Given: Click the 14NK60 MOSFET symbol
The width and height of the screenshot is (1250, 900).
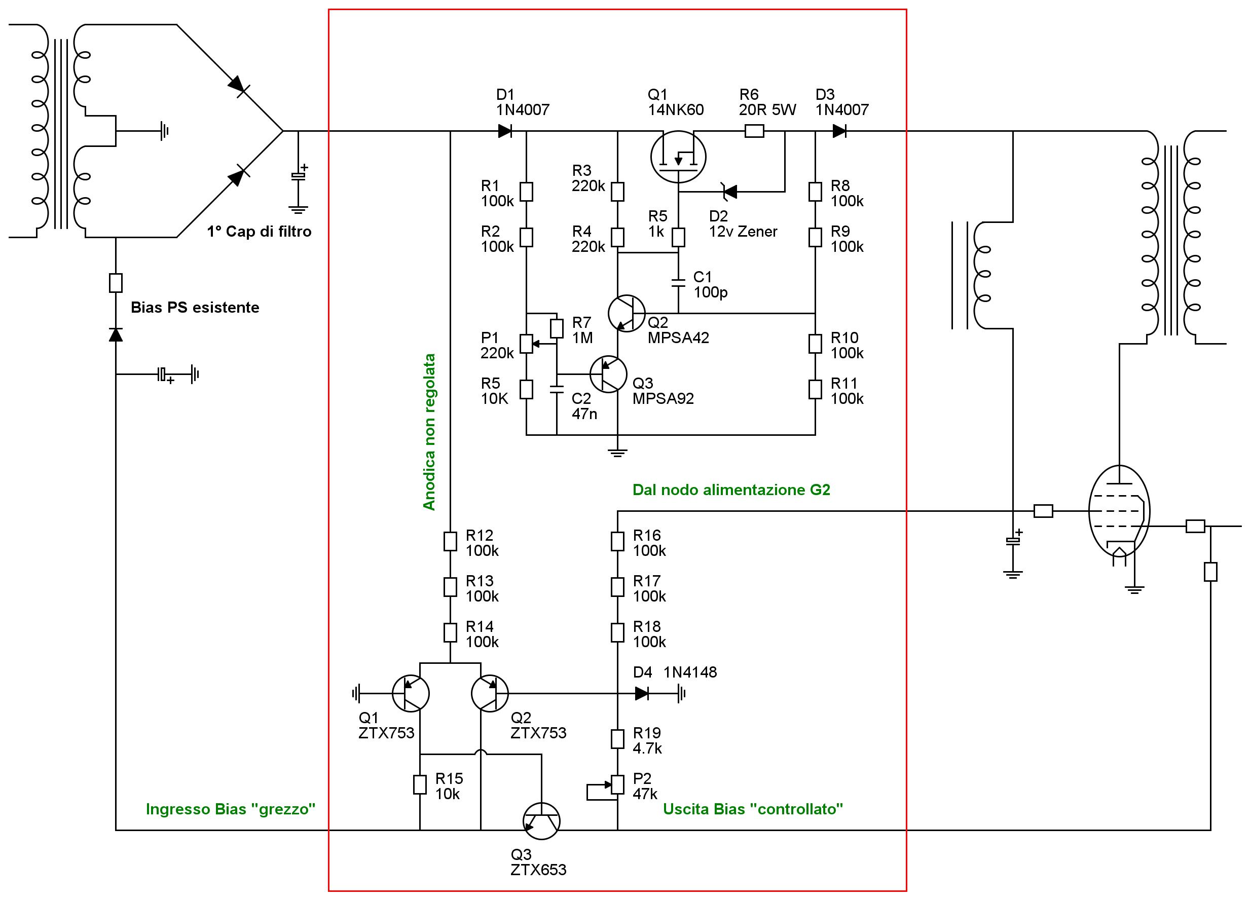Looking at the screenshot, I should (x=678, y=157).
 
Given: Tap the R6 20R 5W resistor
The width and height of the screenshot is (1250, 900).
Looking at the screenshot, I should (x=754, y=131).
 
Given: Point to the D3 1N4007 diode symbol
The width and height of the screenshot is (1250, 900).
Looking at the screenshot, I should (x=839, y=131).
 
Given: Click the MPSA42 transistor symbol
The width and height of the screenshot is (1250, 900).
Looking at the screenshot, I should (x=626, y=313).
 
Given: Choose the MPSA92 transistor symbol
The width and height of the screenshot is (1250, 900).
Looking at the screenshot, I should (x=608, y=374).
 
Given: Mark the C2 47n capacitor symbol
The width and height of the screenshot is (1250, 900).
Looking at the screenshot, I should (x=557, y=389).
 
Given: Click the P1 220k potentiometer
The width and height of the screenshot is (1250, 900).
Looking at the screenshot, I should (x=526, y=344).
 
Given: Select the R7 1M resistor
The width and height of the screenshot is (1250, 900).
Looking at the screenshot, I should (x=557, y=328).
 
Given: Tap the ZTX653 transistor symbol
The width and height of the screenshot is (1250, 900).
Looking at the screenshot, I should (x=541, y=821).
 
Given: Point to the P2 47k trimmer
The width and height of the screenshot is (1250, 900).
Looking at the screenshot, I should (x=617, y=784).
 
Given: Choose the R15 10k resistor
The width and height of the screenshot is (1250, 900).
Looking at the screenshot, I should (x=420, y=784).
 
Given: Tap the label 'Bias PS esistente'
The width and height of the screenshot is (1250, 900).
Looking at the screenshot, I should (x=195, y=308).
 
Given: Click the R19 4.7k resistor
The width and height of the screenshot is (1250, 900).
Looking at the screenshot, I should (x=617, y=738).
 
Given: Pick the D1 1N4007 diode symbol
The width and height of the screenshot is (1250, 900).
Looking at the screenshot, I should (x=504, y=131).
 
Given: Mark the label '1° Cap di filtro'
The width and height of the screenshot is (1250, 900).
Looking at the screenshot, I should (x=259, y=232).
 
